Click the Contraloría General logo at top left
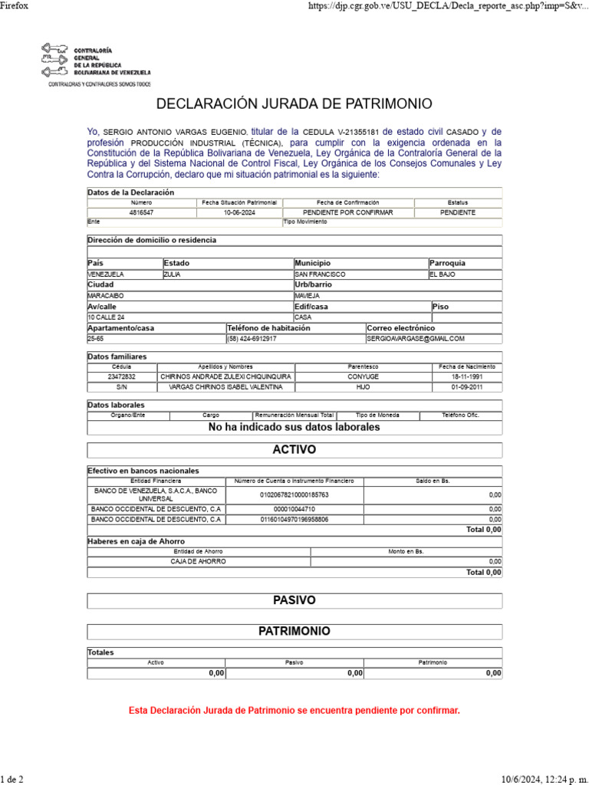[x=95, y=63]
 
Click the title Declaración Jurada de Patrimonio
[x=294, y=103]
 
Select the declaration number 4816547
[x=141, y=212]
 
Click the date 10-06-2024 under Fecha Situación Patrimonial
[x=239, y=212]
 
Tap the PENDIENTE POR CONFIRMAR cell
[x=348, y=212]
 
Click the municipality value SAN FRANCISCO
[x=320, y=274]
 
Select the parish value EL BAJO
[x=443, y=274]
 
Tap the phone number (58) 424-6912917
[x=252, y=338]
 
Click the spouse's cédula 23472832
[x=121, y=376]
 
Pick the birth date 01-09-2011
[x=466, y=387]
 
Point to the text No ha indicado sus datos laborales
[x=294, y=427]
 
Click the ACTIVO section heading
[x=294, y=449]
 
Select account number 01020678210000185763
[x=294, y=495]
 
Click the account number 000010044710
[x=294, y=509]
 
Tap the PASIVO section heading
[x=294, y=600]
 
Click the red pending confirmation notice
[x=294, y=711]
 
